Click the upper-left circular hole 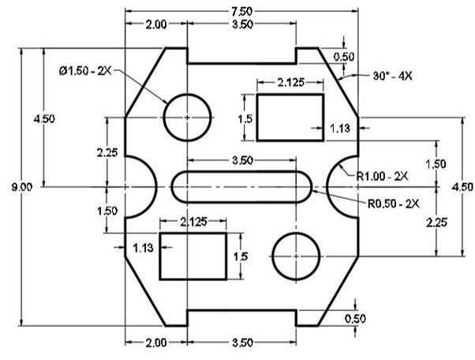[x=187, y=117]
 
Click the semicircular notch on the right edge [x=350, y=187]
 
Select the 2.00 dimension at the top [x=155, y=25]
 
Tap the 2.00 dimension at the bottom [x=155, y=343]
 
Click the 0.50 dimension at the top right [x=344, y=57]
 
